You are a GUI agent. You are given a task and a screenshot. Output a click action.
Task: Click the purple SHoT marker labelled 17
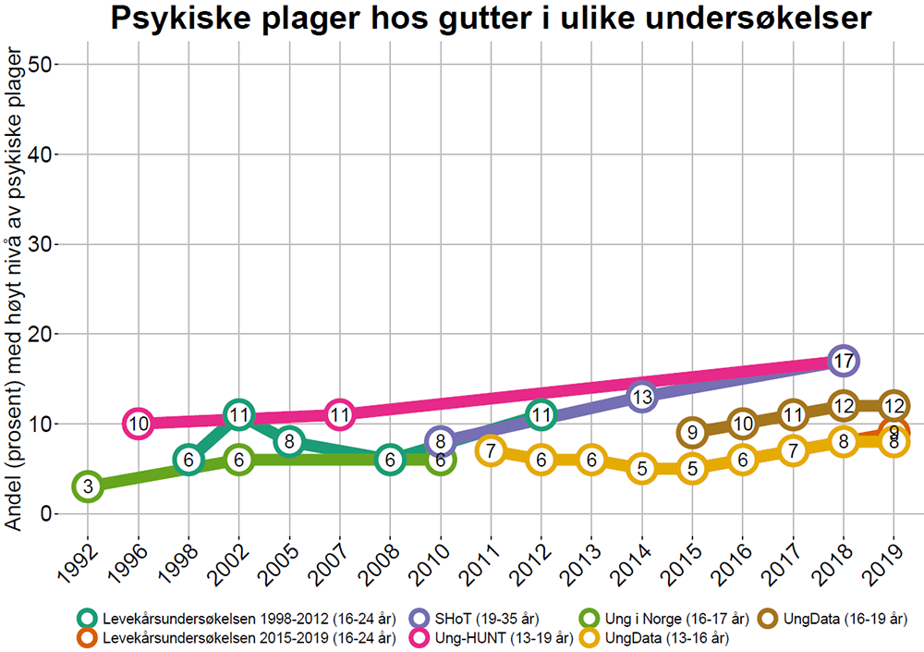842,361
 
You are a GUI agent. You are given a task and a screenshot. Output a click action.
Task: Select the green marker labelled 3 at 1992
88,486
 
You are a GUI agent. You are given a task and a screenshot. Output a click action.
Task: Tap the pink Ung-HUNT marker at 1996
138,424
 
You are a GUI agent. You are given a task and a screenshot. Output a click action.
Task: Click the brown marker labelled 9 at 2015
692,432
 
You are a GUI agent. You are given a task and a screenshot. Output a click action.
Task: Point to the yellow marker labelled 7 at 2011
491,450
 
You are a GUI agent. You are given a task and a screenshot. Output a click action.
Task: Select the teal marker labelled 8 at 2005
289,441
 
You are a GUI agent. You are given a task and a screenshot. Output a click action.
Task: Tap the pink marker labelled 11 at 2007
339,414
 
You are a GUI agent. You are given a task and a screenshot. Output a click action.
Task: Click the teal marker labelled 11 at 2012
541,414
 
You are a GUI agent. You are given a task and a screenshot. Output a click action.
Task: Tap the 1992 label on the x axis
81,559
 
